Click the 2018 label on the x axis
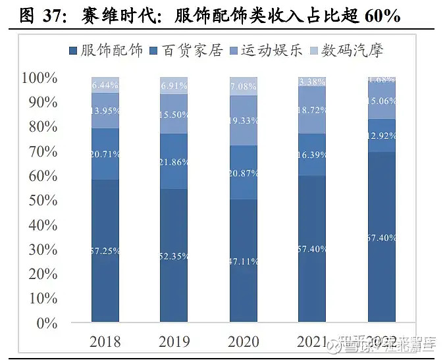(x=105, y=342)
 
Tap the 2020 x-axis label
(x=244, y=342)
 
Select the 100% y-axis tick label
(x=39, y=78)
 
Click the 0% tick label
(x=47, y=323)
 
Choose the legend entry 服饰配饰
(x=105, y=51)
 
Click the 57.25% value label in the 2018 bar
(x=105, y=251)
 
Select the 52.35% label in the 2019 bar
(x=174, y=257)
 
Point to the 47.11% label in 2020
(x=244, y=261)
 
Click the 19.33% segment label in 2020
(x=244, y=121)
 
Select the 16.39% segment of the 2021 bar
(x=313, y=155)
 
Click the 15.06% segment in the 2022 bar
(x=382, y=100)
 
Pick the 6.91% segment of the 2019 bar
(x=174, y=86)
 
